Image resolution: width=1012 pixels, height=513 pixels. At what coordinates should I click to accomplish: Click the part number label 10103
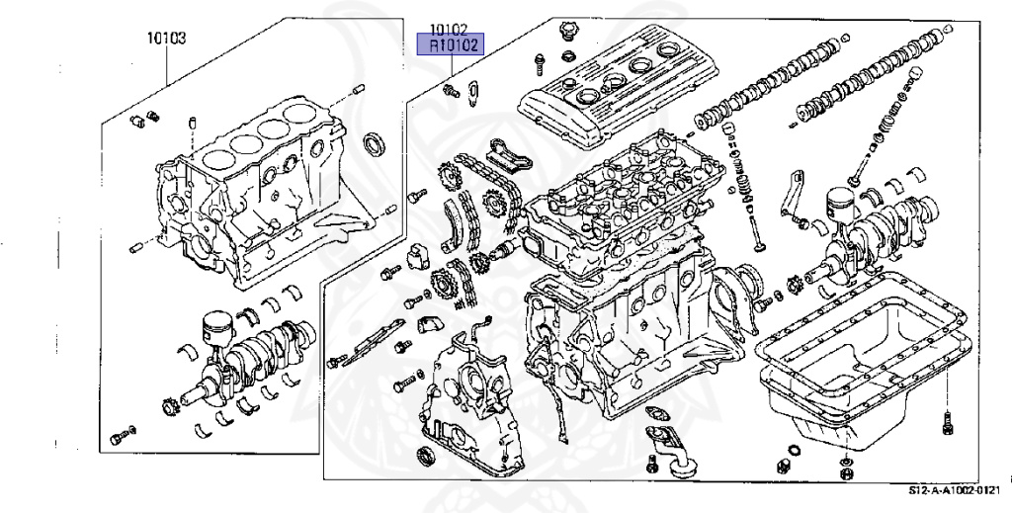tap(167, 39)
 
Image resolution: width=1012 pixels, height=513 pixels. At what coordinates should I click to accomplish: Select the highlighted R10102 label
tap(452, 44)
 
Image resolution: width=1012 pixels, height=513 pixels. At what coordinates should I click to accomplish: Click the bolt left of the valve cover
tap(540, 63)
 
